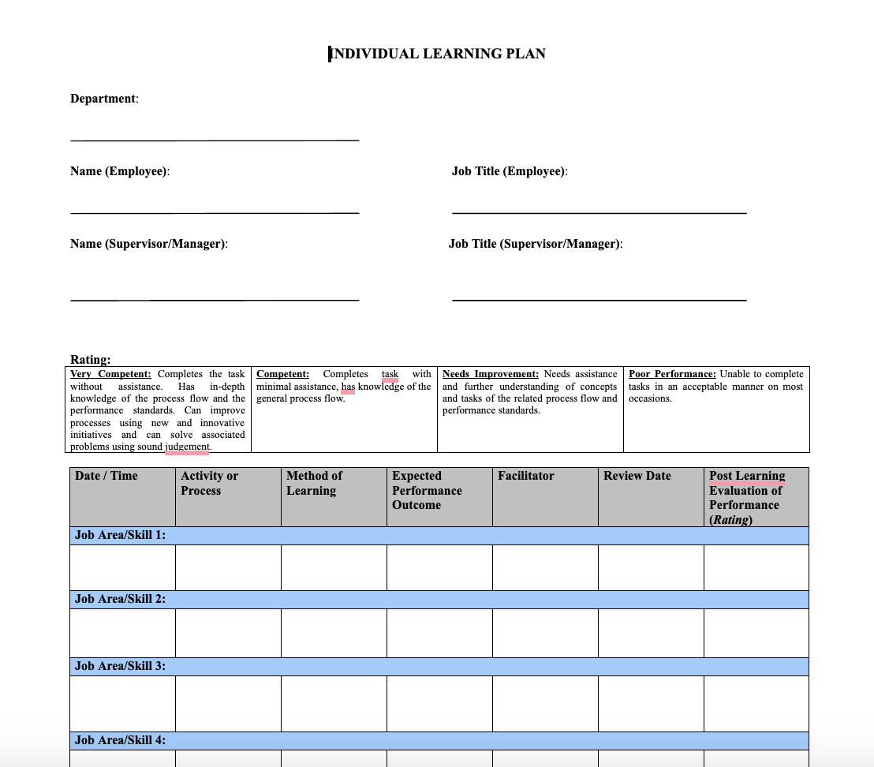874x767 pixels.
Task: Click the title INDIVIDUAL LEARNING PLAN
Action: click(438, 54)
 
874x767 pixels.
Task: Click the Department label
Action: click(103, 99)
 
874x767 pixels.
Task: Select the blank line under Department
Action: click(215, 140)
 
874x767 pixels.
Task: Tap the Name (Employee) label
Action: click(119, 171)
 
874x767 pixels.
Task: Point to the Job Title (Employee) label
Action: click(510, 171)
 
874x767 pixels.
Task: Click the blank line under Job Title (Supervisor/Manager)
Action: click(599, 300)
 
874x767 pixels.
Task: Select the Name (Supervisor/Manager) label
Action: click(148, 244)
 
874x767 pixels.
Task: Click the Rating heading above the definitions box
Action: click(90, 360)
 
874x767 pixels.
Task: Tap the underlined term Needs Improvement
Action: click(490, 374)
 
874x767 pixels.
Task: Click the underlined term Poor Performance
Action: click(672, 374)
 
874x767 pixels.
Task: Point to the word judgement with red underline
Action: click(187, 447)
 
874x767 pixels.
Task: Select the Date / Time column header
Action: click(106, 476)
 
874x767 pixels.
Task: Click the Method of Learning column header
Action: click(314, 483)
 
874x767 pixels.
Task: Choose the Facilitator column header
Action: click(525, 476)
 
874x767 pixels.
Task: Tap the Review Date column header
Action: click(637, 476)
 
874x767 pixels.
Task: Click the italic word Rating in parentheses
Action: click(730, 520)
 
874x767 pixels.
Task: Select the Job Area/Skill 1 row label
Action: click(120, 535)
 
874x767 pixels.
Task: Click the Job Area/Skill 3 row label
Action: click(120, 666)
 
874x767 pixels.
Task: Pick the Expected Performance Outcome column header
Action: click(427, 490)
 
